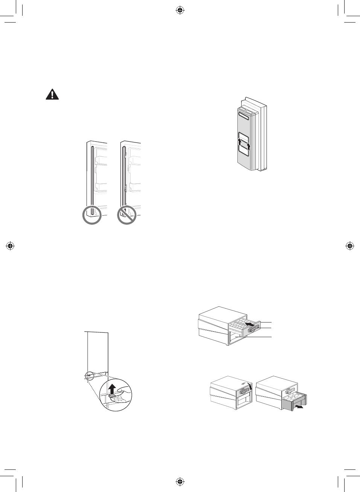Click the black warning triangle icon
point(52,94)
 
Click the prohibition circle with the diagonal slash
point(127,215)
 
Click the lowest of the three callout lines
point(260,337)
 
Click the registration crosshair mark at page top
point(180,11)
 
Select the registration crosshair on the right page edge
point(349,246)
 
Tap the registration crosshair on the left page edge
point(11,246)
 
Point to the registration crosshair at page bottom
point(180,481)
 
